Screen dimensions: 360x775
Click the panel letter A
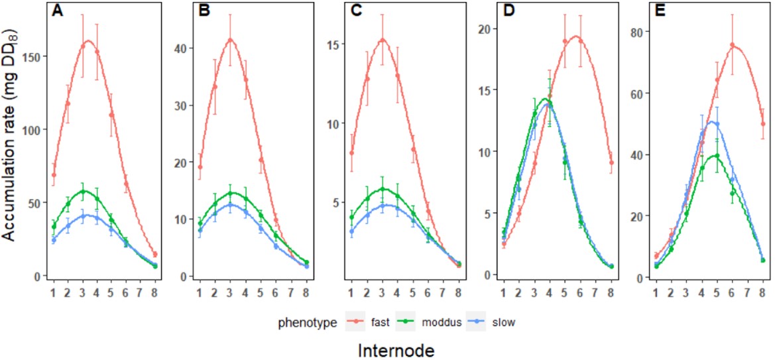pos(58,11)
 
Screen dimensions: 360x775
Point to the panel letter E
pos(660,11)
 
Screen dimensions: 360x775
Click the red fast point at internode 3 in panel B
pos(230,40)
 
